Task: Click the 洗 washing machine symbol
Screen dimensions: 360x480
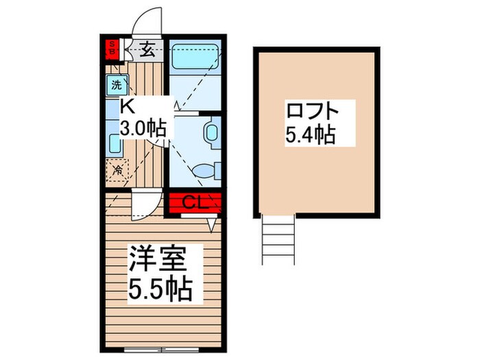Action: pos(116,85)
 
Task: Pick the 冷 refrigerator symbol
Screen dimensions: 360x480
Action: pos(117,169)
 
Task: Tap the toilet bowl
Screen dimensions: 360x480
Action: pos(205,169)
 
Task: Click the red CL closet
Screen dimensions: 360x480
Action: pos(194,202)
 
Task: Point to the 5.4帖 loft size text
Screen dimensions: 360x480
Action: pos(309,134)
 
